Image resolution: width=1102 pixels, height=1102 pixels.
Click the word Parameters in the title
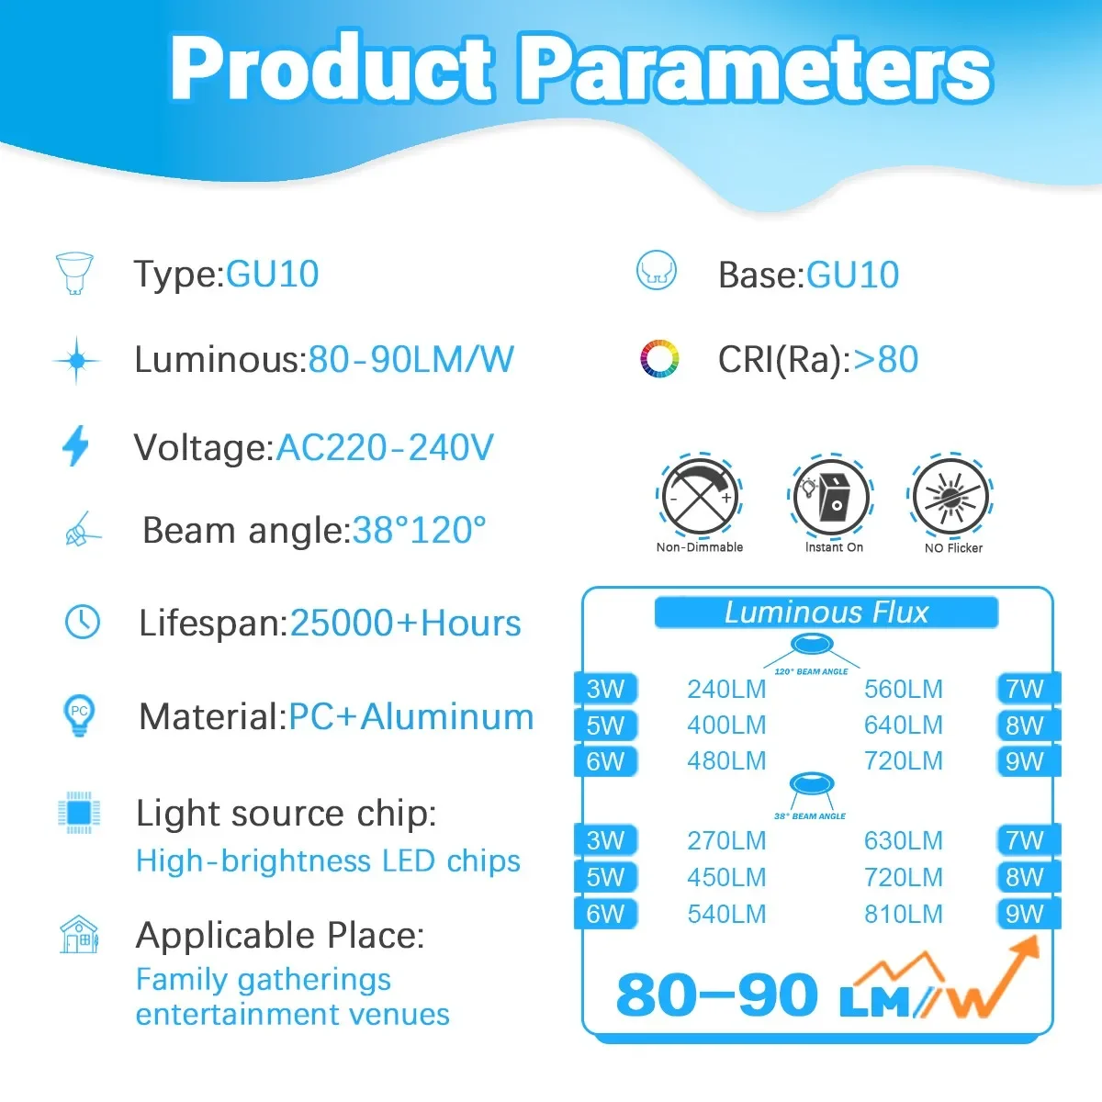[x=755, y=69]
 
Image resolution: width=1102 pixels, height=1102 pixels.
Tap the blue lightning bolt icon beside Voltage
[x=75, y=446]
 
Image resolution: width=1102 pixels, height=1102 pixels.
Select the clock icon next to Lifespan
[x=83, y=622]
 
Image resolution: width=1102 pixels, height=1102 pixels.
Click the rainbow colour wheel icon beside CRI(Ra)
[x=658, y=359]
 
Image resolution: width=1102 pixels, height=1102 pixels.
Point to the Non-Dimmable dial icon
[x=700, y=496]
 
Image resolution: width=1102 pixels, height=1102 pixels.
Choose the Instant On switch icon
[x=831, y=496]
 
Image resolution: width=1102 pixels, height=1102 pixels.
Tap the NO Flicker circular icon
[x=952, y=497]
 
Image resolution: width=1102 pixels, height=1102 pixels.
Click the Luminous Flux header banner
[x=826, y=613]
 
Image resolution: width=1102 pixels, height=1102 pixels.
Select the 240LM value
[x=726, y=689]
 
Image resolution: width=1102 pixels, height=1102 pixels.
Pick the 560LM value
[x=903, y=689]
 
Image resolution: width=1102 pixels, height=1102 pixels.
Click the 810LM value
[x=903, y=914]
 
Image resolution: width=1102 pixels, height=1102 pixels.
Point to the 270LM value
[x=726, y=840]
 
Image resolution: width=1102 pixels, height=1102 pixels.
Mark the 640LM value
[x=903, y=725]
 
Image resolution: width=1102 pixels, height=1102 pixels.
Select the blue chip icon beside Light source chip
[x=78, y=813]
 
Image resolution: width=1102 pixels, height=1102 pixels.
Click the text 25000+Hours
[x=405, y=623]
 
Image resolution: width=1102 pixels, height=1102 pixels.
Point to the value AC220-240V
[x=385, y=447]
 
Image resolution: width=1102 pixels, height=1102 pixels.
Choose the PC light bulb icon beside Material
[x=79, y=714]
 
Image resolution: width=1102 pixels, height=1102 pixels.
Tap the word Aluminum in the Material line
[x=447, y=716]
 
